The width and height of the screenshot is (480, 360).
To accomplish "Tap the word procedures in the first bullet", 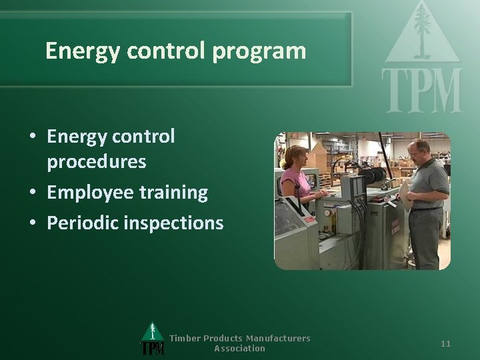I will (97, 162).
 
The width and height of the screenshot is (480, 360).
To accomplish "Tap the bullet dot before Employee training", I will (33, 193).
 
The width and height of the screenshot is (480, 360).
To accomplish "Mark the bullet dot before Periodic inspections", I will (33, 223).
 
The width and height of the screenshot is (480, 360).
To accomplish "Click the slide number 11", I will (446, 343).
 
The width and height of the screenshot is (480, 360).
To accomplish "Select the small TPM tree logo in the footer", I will (153, 339).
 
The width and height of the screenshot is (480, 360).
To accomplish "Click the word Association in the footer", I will (239, 348).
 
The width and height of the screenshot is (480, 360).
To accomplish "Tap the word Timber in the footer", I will (185, 338).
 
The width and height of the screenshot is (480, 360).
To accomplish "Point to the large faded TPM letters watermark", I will (421, 90).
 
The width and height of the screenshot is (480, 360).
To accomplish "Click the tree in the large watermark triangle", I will (421, 30).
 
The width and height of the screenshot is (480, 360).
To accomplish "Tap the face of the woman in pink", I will (298, 159).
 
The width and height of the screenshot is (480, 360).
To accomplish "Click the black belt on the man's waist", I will (426, 209).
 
